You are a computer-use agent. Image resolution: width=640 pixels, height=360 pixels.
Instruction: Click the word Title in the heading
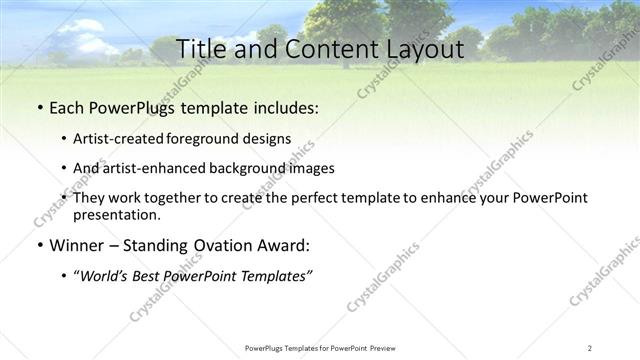[200, 48]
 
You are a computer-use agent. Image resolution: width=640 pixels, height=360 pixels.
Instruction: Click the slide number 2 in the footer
[590, 348]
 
